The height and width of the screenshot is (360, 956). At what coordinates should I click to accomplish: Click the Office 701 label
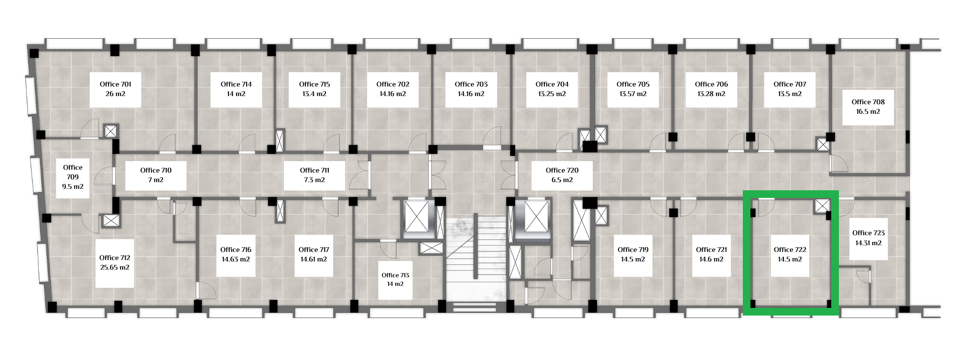point(115,84)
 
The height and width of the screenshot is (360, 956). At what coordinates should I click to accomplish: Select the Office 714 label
point(236,84)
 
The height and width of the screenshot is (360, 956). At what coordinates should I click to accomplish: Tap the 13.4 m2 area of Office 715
point(315,94)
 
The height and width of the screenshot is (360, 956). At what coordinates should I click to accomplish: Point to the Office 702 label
point(393,84)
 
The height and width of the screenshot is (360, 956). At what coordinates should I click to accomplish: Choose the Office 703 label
point(471,84)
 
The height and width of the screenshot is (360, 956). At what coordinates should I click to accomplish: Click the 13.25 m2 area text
point(552,94)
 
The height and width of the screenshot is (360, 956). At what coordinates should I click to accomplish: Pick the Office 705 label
point(633,84)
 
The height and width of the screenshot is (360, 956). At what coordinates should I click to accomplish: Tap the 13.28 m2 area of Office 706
point(712,94)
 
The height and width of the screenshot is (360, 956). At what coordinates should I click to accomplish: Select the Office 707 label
point(790,84)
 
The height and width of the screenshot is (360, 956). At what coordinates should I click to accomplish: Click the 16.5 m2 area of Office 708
point(868,112)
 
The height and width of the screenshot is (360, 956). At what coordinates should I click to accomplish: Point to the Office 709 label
point(73,172)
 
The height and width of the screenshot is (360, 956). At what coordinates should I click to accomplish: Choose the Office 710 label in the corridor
point(156,170)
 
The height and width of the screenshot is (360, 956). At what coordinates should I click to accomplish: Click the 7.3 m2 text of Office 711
point(315,180)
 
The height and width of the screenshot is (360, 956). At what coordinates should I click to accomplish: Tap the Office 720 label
point(562,170)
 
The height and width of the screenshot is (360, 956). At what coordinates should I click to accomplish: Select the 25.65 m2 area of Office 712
point(115,268)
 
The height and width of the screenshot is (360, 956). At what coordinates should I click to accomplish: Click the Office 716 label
point(236,250)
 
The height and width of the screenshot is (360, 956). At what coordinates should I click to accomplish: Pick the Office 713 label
point(395,275)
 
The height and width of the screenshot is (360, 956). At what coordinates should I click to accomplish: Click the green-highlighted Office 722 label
point(790,250)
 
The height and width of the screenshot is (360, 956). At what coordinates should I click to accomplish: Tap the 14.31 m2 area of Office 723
point(869,243)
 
